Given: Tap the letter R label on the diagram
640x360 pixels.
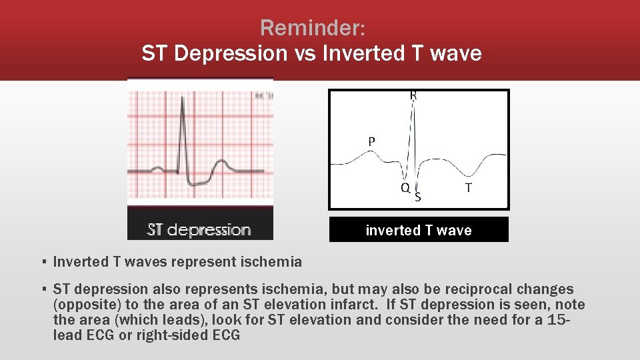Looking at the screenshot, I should coord(413,96).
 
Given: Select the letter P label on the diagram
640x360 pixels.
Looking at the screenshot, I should coord(371,141).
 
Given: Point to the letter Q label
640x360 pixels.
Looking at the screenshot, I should coord(405,188).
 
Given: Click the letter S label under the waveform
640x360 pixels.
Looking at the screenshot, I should coord(418,197).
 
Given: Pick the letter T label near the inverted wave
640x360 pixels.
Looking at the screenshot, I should coord(468,189).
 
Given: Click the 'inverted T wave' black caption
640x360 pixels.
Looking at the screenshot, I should coord(418,230).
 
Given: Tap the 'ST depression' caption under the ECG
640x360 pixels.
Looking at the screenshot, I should coord(199,230).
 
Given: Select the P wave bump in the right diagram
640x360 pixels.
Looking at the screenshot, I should coord(366,154).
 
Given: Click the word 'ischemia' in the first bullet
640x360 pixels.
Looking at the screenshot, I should coord(271,262).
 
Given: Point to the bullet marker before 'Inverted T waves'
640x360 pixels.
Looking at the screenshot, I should coord(43,262).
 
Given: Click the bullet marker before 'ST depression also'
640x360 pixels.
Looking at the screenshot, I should coord(43,289).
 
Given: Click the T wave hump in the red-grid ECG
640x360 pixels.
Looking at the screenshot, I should coord(220,163).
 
